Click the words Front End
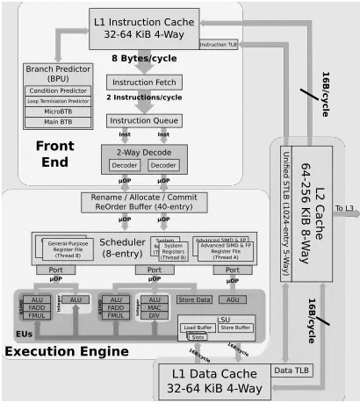pos(54,155)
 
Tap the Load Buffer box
pos(198,328)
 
